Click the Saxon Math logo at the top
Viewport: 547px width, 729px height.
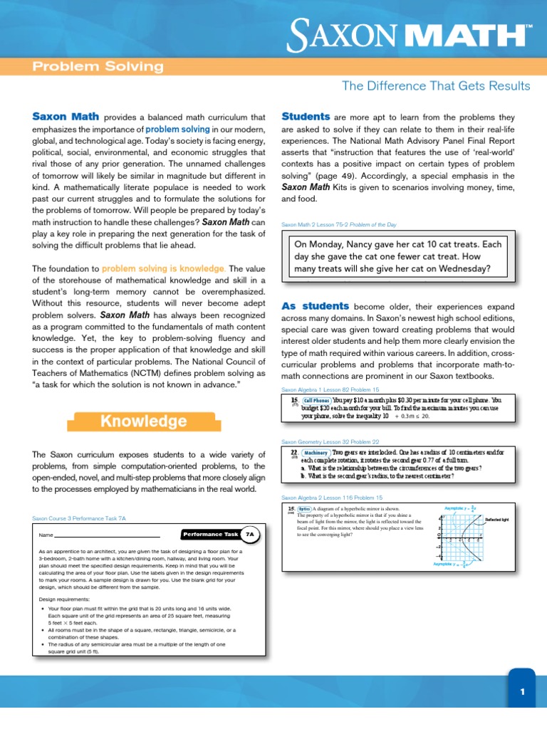pos(410,35)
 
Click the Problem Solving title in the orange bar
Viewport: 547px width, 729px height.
pos(98,68)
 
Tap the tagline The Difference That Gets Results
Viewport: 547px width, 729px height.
pos(436,86)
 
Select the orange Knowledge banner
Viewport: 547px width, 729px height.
pos(143,421)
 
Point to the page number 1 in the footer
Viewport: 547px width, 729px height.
pos(522,691)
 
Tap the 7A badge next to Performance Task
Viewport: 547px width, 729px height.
pos(249,533)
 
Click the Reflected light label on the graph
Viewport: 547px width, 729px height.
pos(497,520)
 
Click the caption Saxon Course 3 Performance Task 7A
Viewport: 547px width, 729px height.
pos(79,518)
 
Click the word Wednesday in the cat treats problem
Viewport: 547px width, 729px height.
pos(455,268)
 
